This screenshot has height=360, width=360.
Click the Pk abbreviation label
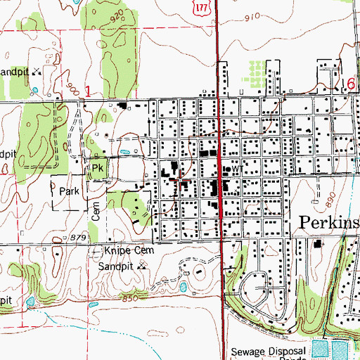[x=97, y=169]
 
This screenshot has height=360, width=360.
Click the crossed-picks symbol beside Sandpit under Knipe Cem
[x=143, y=267]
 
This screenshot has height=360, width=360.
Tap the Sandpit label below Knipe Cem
[x=117, y=266]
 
